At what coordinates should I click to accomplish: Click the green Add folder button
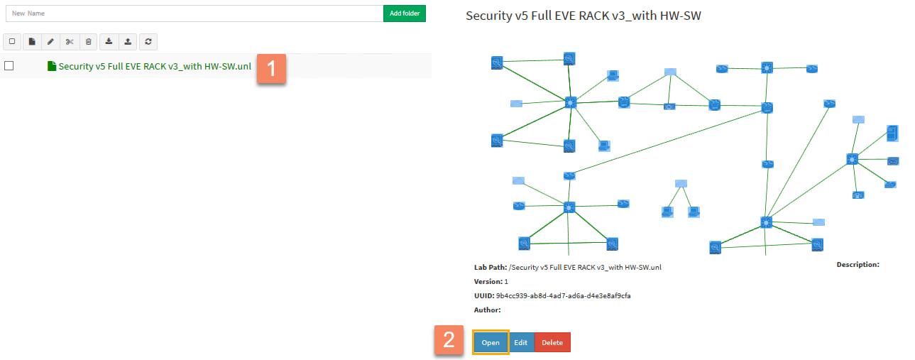[404, 13]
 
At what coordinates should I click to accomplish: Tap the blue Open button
[491, 342]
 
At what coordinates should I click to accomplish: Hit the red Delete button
[552, 342]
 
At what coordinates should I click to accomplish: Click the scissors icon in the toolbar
[70, 42]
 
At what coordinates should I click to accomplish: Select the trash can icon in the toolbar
[88, 42]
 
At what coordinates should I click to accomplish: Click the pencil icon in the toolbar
[50, 42]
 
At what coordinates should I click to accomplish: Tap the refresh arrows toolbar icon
[148, 42]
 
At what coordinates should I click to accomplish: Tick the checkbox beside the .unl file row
[9, 66]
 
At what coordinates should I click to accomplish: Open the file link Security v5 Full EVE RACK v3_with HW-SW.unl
[155, 67]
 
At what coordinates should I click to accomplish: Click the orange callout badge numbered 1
[271, 68]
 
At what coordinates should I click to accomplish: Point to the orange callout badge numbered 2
[449, 340]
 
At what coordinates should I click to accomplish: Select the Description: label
[858, 264]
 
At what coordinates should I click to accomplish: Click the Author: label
[487, 310]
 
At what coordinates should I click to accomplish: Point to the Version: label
[488, 281]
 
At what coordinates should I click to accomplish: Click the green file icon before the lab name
[51, 66]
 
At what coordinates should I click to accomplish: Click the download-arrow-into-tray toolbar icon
[109, 42]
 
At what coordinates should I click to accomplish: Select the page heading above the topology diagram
[583, 15]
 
